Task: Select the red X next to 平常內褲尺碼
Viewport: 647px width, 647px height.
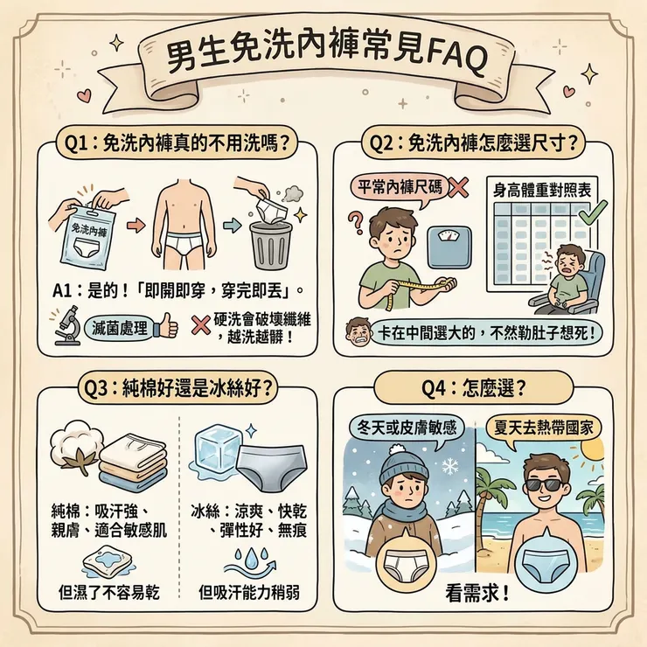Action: click(461, 187)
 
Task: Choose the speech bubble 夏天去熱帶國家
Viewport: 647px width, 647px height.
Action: click(544, 428)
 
